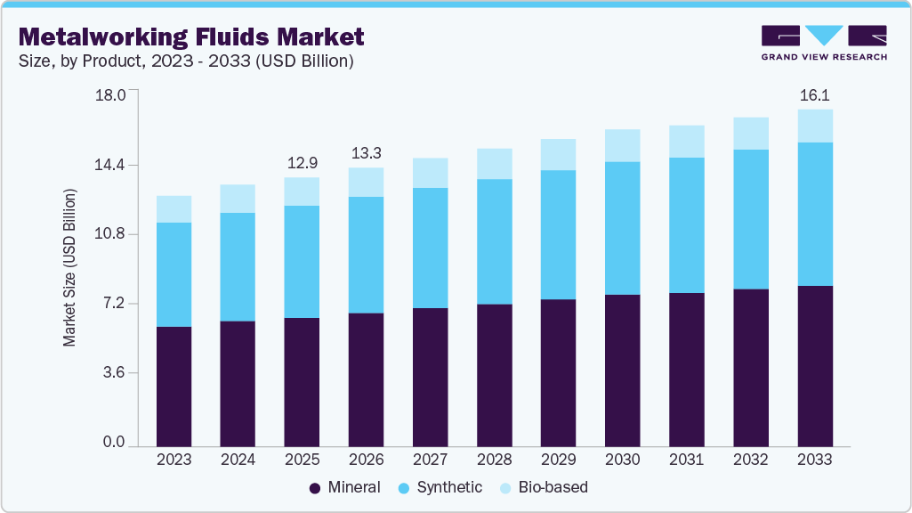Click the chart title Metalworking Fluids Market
pos(191,37)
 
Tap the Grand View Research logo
pos(824,43)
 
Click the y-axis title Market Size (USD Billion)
pos(69,268)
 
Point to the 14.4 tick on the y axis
pos(110,165)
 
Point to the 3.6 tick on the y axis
pos(114,372)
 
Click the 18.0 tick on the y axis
pos(110,95)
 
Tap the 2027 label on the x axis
pos(430,460)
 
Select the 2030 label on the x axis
pos(622,460)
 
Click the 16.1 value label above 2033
pos(814,94)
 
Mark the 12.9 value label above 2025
pos(302,163)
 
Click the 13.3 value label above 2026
pos(366,153)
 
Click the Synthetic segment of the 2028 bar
pos(494,241)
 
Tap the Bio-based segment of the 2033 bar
pos(814,126)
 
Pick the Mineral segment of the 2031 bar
pos(686,369)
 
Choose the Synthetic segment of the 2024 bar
pos(238,266)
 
